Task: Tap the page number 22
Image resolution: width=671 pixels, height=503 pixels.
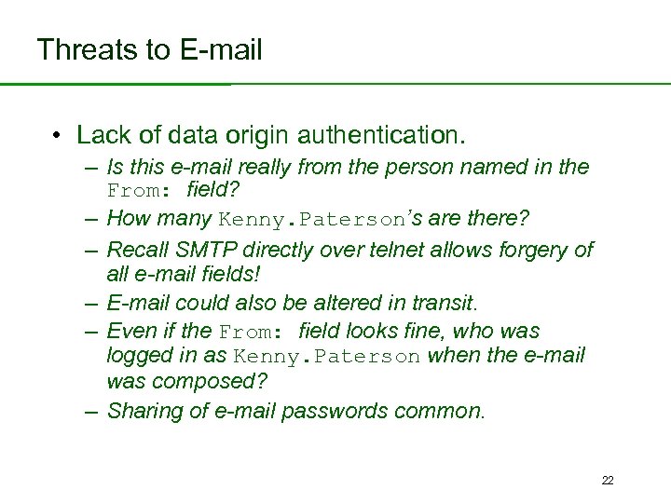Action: tap(608, 481)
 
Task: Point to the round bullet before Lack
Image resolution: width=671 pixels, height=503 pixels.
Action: tap(58, 136)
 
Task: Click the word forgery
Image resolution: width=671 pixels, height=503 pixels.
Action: tap(538, 250)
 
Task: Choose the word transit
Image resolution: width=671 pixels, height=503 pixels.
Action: tap(446, 303)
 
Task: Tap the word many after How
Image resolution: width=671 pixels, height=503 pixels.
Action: tap(185, 219)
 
